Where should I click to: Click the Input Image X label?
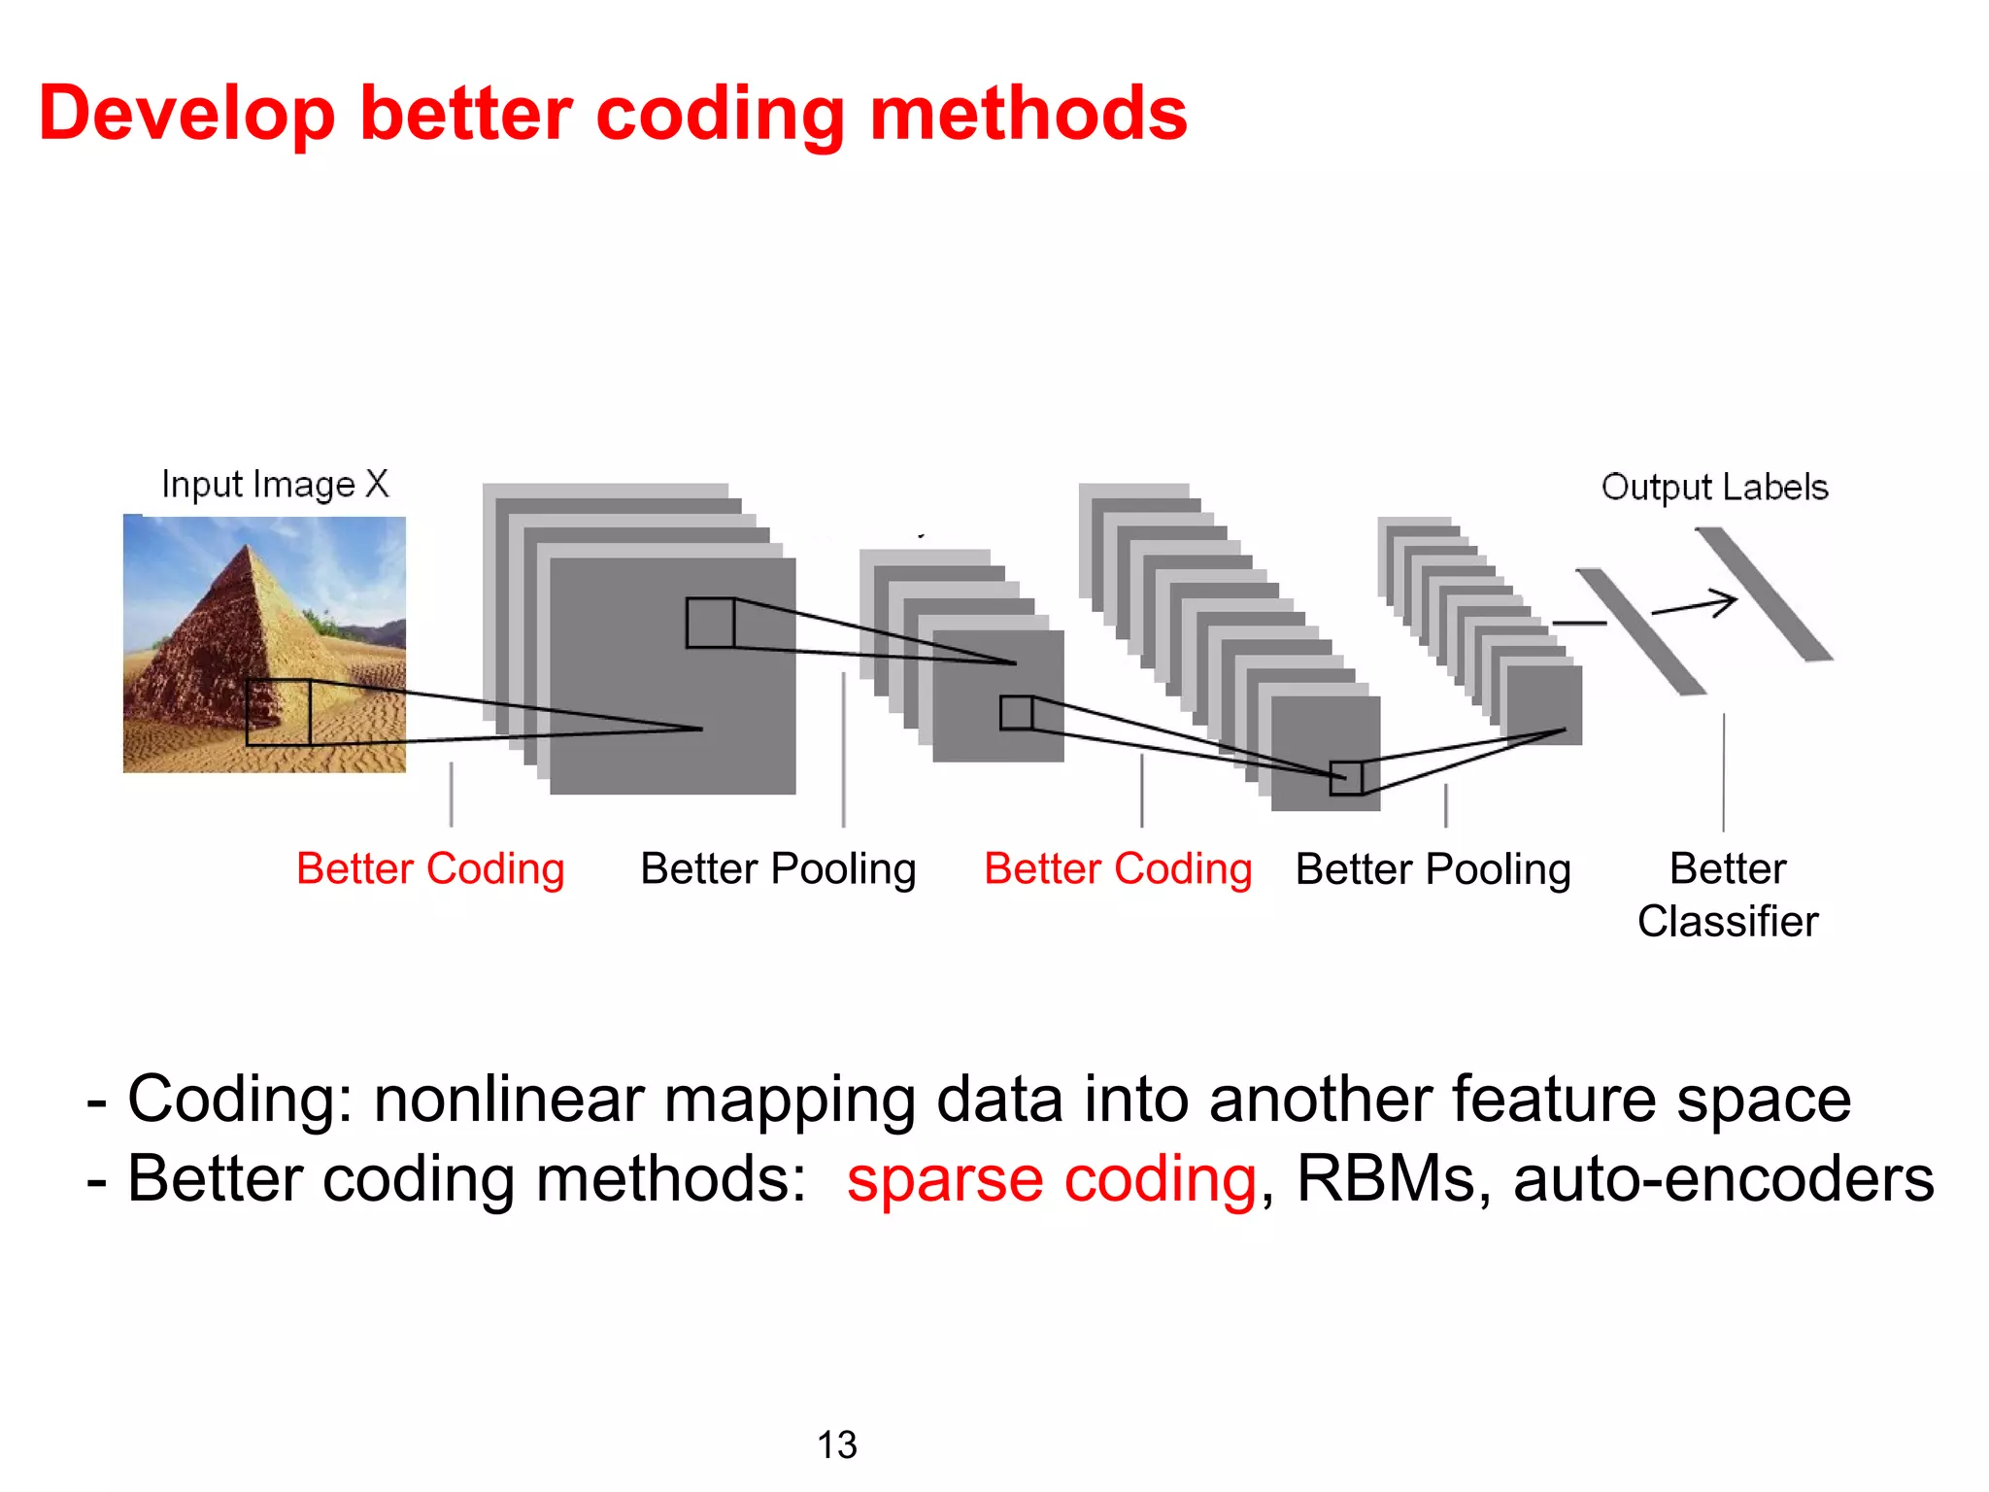pos(275,484)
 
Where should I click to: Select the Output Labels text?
pos(1714,487)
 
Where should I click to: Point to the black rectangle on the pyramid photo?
pos(279,712)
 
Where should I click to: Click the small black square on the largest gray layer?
pos(710,623)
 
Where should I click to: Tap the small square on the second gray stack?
pos(1016,713)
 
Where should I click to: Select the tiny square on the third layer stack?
pos(1346,778)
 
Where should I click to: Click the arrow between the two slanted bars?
pos(1695,606)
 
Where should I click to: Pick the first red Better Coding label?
pos(430,868)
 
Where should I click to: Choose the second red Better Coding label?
pos(1118,868)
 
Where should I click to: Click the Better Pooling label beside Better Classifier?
pos(1433,868)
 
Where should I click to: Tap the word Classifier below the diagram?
pos(1727,921)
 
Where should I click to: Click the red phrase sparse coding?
pos(1052,1179)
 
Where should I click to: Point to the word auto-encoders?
pos(1723,1179)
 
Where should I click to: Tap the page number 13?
pos(836,1444)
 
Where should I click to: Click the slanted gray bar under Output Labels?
pos(1764,594)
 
